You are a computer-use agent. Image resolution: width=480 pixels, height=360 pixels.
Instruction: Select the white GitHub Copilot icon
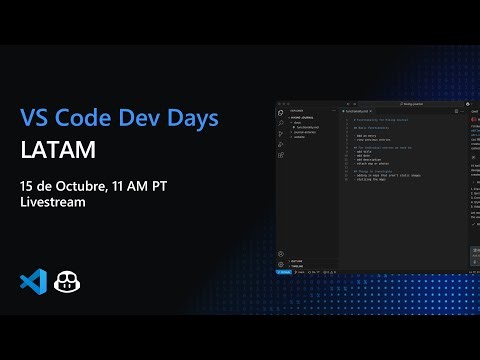(x=68, y=281)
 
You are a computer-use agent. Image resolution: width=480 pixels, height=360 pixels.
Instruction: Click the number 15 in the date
(x=27, y=186)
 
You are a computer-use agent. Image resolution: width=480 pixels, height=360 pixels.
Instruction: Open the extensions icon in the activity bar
(x=281, y=155)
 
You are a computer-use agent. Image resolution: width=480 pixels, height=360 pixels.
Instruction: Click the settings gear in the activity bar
(x=281, y=265)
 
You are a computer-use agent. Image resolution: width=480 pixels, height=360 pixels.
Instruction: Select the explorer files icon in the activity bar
(x=281, y=113)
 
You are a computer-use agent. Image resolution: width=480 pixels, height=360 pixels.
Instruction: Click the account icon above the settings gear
(x=281, y=254)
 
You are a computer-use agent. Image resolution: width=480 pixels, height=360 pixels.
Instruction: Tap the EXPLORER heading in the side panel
(x=296, y=110)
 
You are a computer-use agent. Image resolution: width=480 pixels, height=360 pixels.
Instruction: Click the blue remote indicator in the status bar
(x=284, y=272)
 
